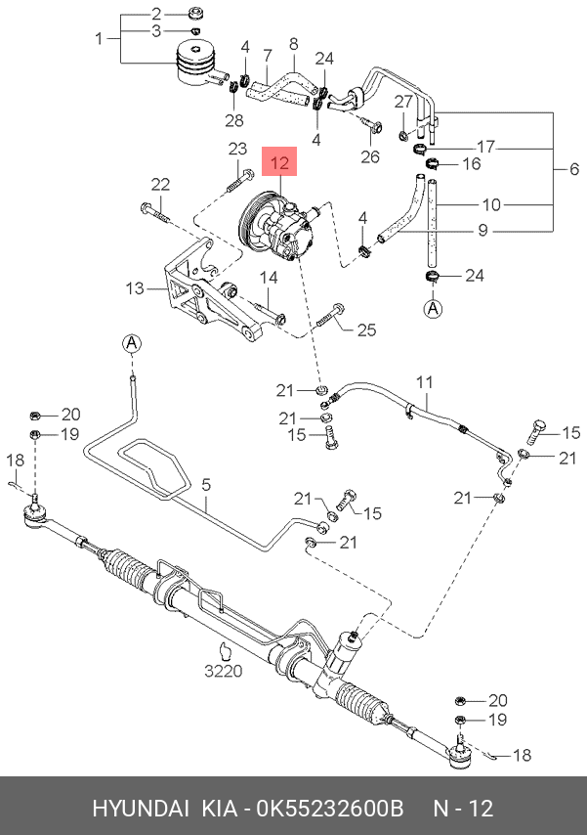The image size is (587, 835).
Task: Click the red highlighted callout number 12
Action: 279,162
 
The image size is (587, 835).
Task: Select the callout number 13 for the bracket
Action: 135,288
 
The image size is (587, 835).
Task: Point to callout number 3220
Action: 224,671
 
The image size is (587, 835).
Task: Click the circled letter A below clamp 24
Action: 434,308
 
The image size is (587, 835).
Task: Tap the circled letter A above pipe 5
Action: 132,343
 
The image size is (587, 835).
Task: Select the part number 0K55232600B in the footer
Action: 330,808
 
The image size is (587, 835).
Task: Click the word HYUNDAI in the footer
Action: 141,808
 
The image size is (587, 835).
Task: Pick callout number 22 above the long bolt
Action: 160,184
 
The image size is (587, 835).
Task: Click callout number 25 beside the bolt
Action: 366,330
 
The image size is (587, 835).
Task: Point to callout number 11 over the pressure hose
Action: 425,382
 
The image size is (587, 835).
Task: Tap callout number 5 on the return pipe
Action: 206,485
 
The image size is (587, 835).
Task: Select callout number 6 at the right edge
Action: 573,169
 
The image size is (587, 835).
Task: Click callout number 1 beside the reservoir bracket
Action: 99,38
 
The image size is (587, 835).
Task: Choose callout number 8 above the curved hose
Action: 294,44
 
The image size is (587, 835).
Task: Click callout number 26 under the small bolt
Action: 370,156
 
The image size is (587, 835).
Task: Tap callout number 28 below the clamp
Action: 234,120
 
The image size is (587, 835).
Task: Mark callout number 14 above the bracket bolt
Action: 269,278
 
